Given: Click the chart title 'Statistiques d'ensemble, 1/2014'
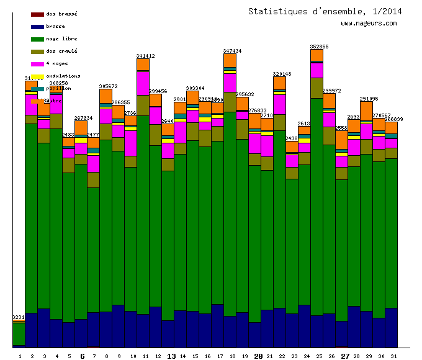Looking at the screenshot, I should pyautogui.click(x=325, y=11).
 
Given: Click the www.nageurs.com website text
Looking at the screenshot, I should pyautogui.click(x=369, y=24).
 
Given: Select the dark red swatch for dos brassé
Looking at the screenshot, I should pyautogui.click(x=37, y=14).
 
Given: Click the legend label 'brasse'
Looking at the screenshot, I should pyautogui.click(x=55, y=26).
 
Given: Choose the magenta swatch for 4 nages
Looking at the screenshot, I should pyautogui.click(x=37, y=63).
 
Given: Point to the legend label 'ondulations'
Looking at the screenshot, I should pyautogui.click(x=63, y=76).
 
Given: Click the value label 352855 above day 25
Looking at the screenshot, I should pyautogui.click(x=320, y=47).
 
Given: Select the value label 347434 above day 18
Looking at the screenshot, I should pyautogui.click(x=233, y=51).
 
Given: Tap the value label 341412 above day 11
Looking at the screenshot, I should pyautogui.click(x=146, y=56).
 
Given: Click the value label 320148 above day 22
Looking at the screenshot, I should pyautogui.click(x=282, y=74).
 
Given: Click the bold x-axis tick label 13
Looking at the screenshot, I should pyautogui.click(x=172, y=356).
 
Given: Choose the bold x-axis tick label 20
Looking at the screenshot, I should pyautogui.click(x=259, y=356).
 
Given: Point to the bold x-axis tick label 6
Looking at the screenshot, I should pyautogui.click(x=82, y=356).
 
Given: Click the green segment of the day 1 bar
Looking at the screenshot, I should pyautogui.click(x=19, y=334).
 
